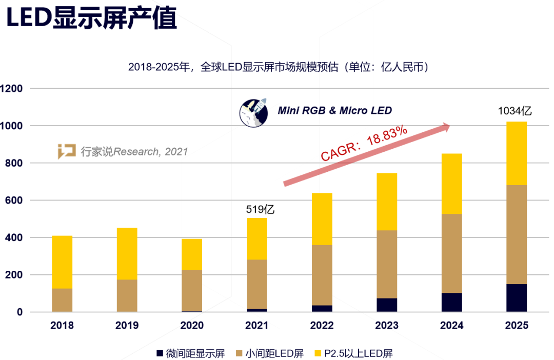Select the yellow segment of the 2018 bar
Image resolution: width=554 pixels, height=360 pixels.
62,262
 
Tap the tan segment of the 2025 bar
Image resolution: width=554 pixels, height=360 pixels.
517,234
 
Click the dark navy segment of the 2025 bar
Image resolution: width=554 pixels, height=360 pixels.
517,298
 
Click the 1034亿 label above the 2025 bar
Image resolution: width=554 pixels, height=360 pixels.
515,111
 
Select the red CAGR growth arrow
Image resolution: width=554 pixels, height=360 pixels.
367,154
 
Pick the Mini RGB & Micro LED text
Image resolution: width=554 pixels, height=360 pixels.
334,110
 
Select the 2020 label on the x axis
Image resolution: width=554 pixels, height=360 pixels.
192,325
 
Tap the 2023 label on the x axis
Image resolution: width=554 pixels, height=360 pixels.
387,325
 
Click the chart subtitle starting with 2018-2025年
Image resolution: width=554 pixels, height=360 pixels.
278,67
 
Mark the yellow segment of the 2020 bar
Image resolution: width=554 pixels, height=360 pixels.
192,254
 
